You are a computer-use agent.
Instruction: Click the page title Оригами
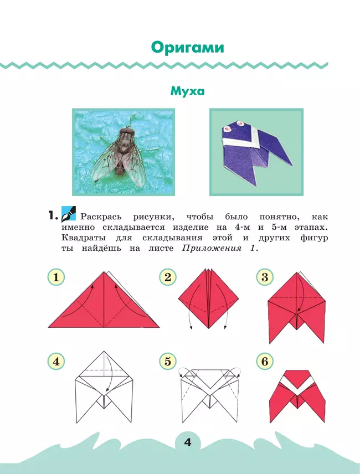coord(187,48)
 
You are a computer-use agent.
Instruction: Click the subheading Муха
coord(187,91)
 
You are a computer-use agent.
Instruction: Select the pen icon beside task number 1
coord(69,214)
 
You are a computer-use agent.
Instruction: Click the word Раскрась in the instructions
coord(101,217)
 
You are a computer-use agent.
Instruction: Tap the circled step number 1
coord(56,277)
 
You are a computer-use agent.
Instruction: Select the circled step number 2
coord(168,277)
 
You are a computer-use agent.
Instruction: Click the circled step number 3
coord(265,277)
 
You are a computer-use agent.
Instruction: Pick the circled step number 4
coord(56,361)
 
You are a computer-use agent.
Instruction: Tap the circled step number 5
coord(168,361)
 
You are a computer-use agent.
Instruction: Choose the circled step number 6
coord(265,361)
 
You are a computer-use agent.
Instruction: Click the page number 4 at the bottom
coord(187,442)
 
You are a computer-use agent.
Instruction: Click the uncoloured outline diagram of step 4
coord(104,387)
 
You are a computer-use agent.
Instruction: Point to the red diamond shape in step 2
coord(209,298)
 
